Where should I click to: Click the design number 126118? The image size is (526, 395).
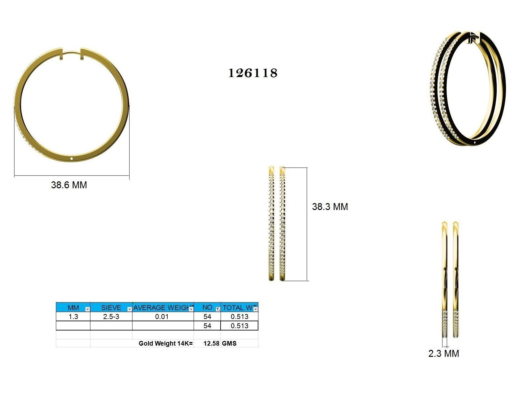253,73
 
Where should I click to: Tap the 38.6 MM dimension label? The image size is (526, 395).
69,185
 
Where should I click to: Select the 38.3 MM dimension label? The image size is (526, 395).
330,207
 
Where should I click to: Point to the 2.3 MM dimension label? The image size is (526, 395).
443,354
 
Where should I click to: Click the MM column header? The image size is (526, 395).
73,308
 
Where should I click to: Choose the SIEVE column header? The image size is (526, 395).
111,308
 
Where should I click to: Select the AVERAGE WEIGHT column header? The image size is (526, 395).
162,308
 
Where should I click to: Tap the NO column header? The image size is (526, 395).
207,307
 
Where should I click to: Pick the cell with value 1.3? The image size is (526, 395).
73,317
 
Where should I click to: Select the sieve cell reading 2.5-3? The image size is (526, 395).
111,317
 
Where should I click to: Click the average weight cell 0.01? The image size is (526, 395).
162,317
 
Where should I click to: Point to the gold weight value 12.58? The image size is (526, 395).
211,343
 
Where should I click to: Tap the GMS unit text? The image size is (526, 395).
229,343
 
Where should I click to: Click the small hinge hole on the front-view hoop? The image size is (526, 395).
72,159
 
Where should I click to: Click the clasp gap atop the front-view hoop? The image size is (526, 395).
72,53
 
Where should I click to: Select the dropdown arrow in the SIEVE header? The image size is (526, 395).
130,309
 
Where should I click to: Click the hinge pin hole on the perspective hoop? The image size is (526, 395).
476,142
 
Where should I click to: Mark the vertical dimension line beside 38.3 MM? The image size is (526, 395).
307,224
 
